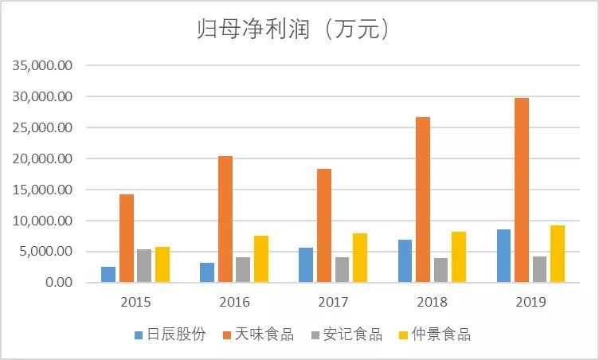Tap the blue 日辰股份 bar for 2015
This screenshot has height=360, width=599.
[108, 274]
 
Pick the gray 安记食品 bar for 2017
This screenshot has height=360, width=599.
[342, 269]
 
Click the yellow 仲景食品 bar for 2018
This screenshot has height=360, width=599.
[459, 256]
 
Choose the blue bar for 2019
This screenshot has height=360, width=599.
[503, 256]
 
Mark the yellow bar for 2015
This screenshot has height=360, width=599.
[162, 264]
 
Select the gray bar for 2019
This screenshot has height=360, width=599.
[540, 269]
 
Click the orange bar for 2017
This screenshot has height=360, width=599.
[324, 225]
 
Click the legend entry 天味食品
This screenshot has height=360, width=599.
[258, 335]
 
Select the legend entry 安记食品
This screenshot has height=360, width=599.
[346, 335]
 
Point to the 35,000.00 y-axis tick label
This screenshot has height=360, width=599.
[41, 65]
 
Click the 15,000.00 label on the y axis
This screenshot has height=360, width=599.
[41, 190]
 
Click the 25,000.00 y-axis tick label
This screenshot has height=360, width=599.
[41, 127]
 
